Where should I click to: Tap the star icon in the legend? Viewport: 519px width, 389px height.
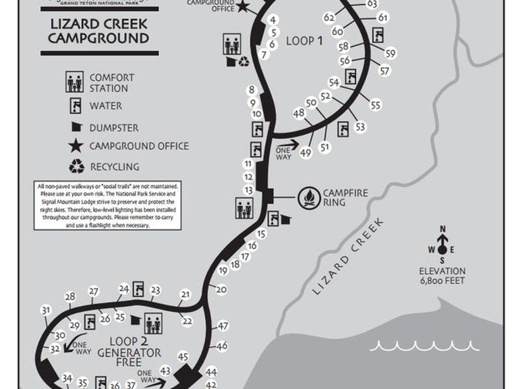point(77,147)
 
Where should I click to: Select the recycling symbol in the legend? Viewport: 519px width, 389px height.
point(77,166)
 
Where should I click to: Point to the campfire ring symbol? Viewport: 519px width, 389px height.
point(310,197)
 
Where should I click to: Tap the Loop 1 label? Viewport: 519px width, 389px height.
point(304,41)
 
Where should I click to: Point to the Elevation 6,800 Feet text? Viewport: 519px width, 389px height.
point(443,276)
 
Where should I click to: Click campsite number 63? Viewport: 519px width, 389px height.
point(372,4)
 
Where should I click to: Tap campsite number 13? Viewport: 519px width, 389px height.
point(248,190)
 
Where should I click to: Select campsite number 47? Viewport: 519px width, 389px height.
point(223,326)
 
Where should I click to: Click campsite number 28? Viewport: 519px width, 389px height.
point(70,296)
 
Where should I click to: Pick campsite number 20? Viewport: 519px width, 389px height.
point(221,289)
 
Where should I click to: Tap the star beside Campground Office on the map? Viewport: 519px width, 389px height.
point(242,7)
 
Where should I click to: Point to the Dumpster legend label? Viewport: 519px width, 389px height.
point(114,128)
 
